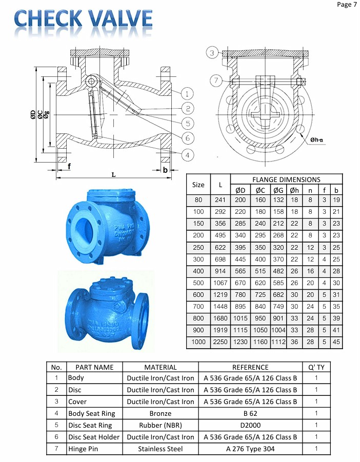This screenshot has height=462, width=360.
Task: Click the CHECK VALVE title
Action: pos(84,19)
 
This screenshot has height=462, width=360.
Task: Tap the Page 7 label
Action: pos(346,5)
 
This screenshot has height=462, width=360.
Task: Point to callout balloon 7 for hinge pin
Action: pos(216,81)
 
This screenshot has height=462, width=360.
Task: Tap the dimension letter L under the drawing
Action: pos(113,175)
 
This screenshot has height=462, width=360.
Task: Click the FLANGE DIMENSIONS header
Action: pos(286,179)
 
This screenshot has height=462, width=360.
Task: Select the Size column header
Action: pos(198,185)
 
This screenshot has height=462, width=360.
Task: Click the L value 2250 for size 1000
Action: pos(221,342)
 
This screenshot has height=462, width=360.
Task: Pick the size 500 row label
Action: pos(198,283)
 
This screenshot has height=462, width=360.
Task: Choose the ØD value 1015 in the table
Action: pos(241,318)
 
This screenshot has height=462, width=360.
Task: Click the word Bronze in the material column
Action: pos(161,413)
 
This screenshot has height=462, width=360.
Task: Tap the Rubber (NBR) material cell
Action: pos(161,425)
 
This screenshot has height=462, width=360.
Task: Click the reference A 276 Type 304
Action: pos(250,449)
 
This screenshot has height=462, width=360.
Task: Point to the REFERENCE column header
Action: pos(250,367)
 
